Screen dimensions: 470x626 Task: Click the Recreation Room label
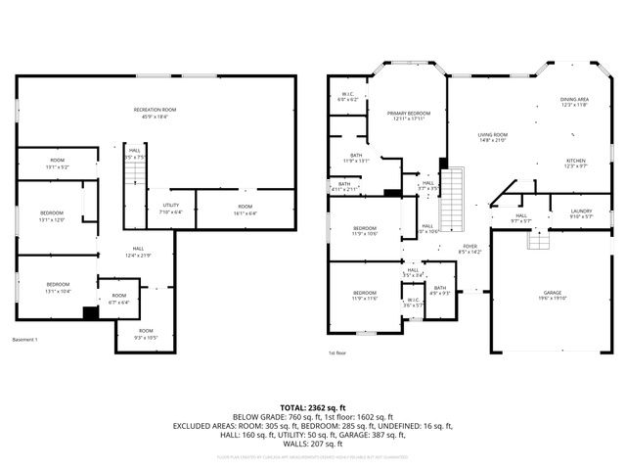pyautogui.click(x=155, y=109)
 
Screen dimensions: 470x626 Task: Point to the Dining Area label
pyautogui.click(x=574, y=99)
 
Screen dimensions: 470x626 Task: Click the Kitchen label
pyautogui.click(x=575, y=162)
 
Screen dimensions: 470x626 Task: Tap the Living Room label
pyautogui.click(x=493, y=134)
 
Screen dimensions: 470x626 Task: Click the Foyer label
pyautogui.click(x=470, y=247)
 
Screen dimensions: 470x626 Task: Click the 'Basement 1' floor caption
pyautogui.click(x=24, y=340)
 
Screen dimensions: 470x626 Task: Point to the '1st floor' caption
pyautogui.click(x=338, y=352)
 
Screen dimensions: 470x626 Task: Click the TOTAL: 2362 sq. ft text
pyautogui.click(x=314, y=405)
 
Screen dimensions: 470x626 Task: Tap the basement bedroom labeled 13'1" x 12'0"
pyautogui.click(x=52, y=216)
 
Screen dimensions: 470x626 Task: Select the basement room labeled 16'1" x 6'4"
pyautogui.click(x=245, y=208)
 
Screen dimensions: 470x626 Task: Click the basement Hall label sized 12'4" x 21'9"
pyautogui.click(x=138, y=251)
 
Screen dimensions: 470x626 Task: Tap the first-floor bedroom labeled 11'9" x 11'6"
pyautogui.click(x=365, y=295)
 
